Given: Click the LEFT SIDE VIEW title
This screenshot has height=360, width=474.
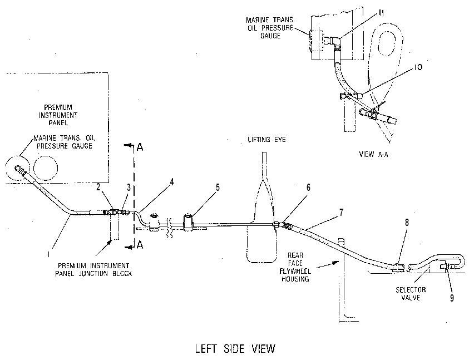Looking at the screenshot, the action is tap(235, 348).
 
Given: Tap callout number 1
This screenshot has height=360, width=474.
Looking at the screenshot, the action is tap(48, 254).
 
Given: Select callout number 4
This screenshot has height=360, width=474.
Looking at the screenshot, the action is tap(172, 182).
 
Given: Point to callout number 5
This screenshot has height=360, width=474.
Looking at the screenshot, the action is tap(218, 188).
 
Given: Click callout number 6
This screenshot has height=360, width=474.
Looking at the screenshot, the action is tap(308, 188).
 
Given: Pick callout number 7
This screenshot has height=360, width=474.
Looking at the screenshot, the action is tap(341, 213).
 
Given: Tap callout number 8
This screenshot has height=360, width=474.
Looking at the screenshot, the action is tap(407, 223).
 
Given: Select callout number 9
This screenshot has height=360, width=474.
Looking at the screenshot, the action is tap(452, 298).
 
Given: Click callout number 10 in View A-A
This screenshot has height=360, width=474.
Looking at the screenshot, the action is tap(418, 67).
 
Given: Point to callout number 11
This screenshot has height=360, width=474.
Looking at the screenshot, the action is tap(381, 12).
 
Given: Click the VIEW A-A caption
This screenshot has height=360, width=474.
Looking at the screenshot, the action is tap(374, 154).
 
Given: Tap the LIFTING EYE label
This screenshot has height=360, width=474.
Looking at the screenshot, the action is tap(266, 140).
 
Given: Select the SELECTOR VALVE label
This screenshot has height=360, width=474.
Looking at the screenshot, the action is tap(411, 294).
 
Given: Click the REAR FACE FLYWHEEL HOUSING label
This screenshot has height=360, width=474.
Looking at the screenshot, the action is tap(295, 267).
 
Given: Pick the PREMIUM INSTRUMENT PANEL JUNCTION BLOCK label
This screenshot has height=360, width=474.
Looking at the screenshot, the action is tap(93, 270).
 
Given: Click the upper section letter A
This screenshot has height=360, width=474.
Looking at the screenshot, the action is tap(140, 147).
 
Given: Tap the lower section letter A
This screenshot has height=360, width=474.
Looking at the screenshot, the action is tap(140, 245).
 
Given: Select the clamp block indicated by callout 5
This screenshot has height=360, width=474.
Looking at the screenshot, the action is tap(189, 222).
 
